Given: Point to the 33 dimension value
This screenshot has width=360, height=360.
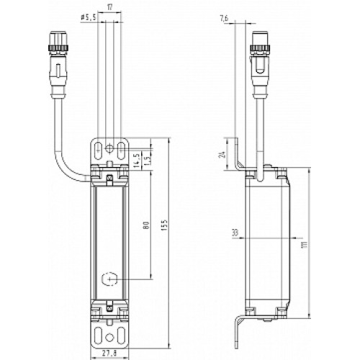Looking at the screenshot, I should (235, 233).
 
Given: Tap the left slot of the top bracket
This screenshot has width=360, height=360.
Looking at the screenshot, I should (98, 148).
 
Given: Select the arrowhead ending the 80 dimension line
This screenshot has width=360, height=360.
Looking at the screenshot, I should (150, 277).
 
